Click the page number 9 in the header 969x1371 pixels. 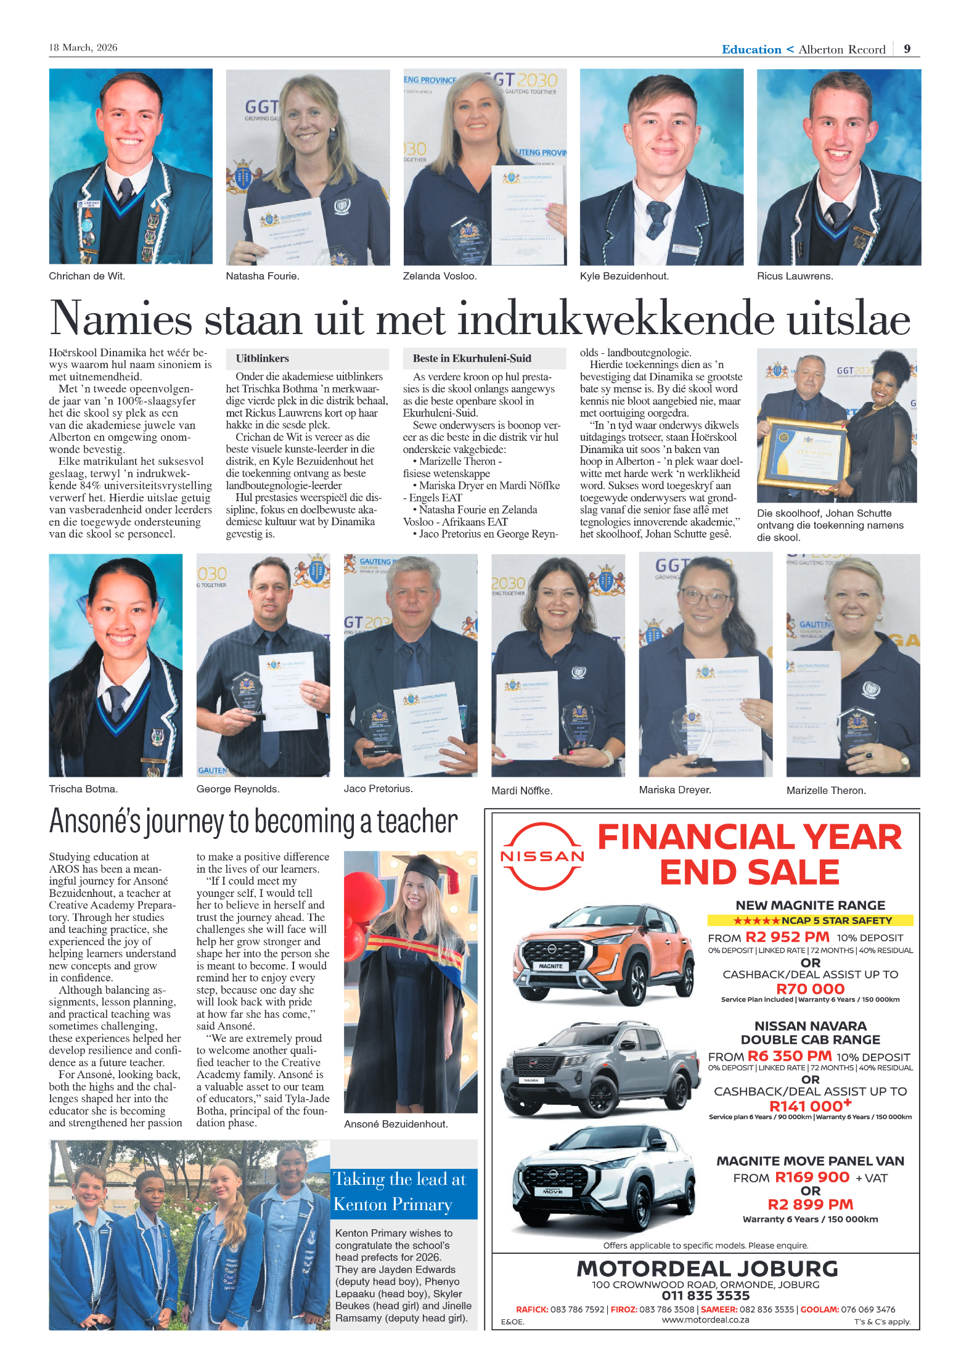pyautogui.click(x=907, y=49)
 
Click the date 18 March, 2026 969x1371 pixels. pyautogui.click(x=83, y=47)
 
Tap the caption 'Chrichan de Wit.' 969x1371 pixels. pyautogui.click(x=87, y=276)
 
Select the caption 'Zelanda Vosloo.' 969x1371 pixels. pyautogui.click(x=440, y=276)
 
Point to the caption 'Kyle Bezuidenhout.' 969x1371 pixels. pyautogui.click(x=624, y=276)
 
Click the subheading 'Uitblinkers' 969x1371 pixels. pyautogui.click(x=263, y=358)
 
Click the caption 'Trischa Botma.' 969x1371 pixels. pyautogui.click(x=83, y=788)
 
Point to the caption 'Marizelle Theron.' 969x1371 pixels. pyautogui.click(x=826, y=790)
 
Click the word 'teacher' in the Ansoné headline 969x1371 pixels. pyautogui.click(x=417, y=822)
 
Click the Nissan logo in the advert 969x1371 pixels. pyautogui.click(x=542, y=856)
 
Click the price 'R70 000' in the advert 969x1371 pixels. pyautogui.click(x=810, y=989)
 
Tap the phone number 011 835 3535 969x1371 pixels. pyautogui.click(x=706, y=1296)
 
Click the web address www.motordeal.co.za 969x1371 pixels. pyautogui.click(x=706, y=1320)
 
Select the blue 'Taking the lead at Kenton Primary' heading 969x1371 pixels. pyautogui.click(x=403, y=1192)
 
